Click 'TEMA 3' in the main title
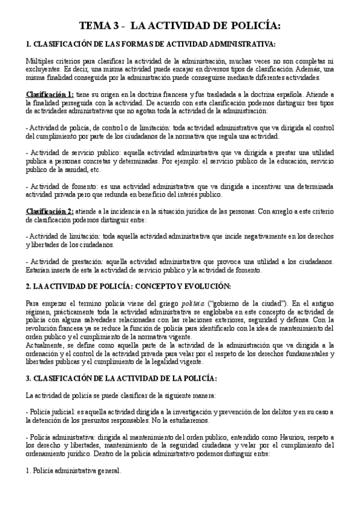pos(100,26)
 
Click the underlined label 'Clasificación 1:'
pos(50,94)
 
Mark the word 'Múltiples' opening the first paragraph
pos(41,61)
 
